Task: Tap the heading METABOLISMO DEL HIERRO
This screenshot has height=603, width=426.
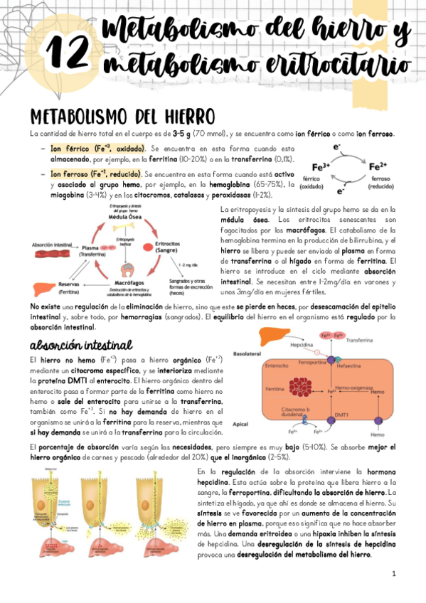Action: (117, 116)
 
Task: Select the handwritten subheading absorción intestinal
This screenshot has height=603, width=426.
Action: (81, 345)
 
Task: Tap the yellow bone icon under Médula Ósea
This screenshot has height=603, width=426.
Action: (128, 228)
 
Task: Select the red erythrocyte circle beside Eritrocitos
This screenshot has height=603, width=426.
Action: (168, 245)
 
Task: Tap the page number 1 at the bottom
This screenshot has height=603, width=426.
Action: (393, 572)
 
